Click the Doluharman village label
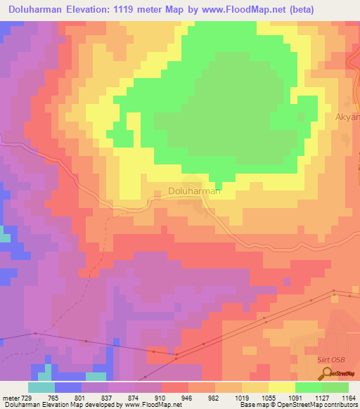(195, 190)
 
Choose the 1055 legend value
(267, 398)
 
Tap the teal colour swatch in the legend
(41, 387)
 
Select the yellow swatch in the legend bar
(281, 387)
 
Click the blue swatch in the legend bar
(68, 387)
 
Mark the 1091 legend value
(295, 398)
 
